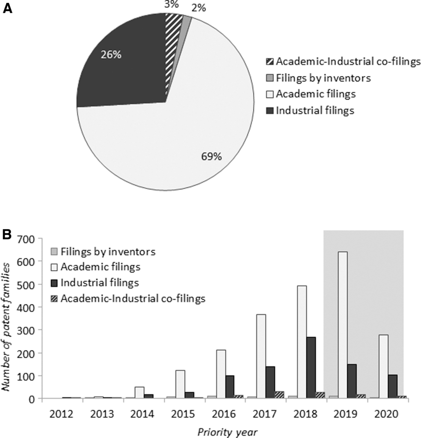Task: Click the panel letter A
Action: (8, 9)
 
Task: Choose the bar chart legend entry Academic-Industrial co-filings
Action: (133, 298)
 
